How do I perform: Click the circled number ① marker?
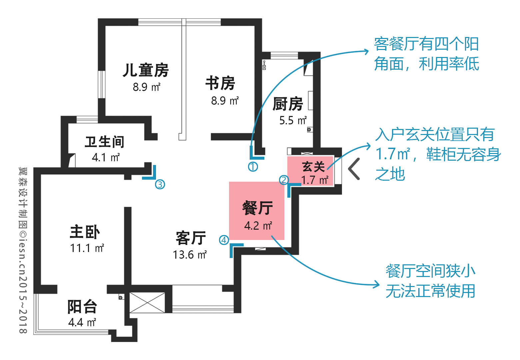tap(253, 167)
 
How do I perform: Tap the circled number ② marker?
tap(284, 180)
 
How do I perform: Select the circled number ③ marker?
tap(160, 185)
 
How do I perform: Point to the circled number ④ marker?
tap(224, 240)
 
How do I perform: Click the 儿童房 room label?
tap(146, 70)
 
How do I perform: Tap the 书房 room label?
tap(220, 83)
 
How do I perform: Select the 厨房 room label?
tap(288, 104)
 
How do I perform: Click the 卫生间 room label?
tap(104, 142)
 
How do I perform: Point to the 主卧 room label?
tap(85, 232)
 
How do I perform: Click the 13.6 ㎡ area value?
tap(190, 255)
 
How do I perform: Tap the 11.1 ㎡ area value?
tap(87, 248)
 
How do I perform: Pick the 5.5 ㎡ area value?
tap(293, 120)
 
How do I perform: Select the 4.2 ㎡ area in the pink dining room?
tap(258, 226)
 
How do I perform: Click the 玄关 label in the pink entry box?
tap(313, 167)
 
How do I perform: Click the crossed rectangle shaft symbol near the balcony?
tap(147, 303)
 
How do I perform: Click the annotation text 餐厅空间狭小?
tap(431, 271)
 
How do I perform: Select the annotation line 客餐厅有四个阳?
tap(426, 44)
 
